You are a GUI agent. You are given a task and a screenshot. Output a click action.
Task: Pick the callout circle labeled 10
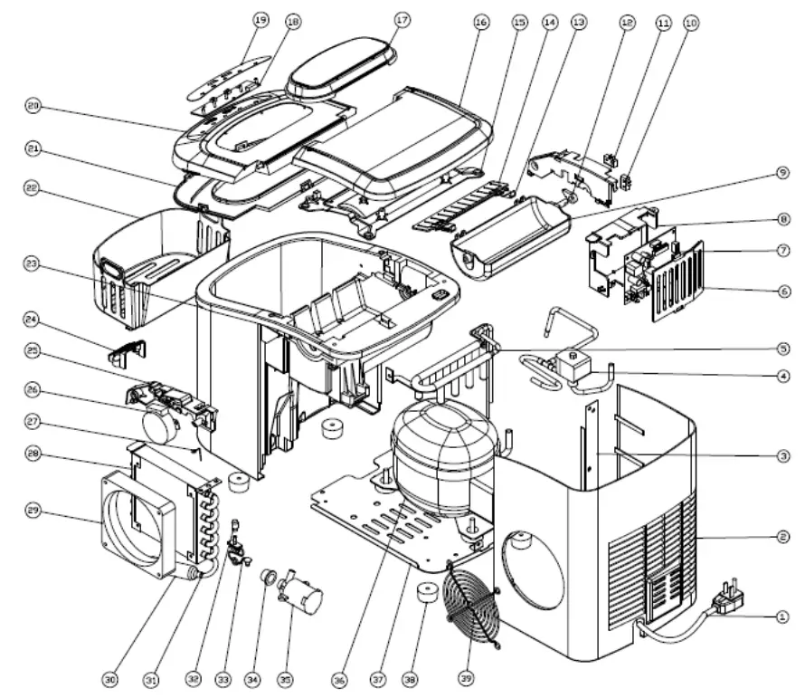pyautogui.click(x=692, y=24)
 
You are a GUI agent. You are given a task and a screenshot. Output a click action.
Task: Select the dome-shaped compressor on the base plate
pyautogui.click(x=440, y=453)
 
